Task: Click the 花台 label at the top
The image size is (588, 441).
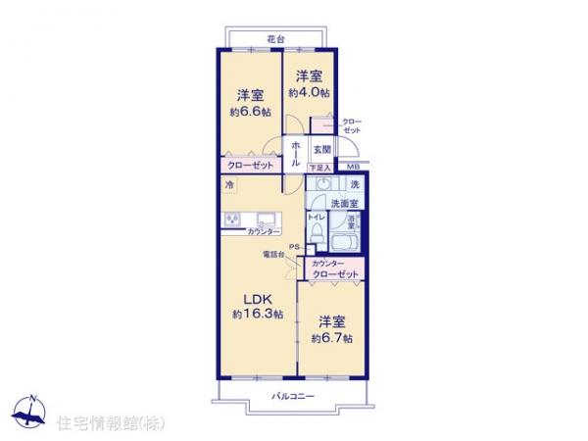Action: click(275, 38)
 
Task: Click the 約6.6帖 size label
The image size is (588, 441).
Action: click(248, 113)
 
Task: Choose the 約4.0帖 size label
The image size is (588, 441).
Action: click(309, 91)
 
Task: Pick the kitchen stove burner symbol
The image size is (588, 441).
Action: click(234, 219)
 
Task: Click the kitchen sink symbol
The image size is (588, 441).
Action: click(266, 218)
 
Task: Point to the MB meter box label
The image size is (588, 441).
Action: click(354, 168)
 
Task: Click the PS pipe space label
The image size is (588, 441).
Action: click(293, 245)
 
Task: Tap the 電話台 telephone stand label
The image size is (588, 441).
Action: click(273, 256)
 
